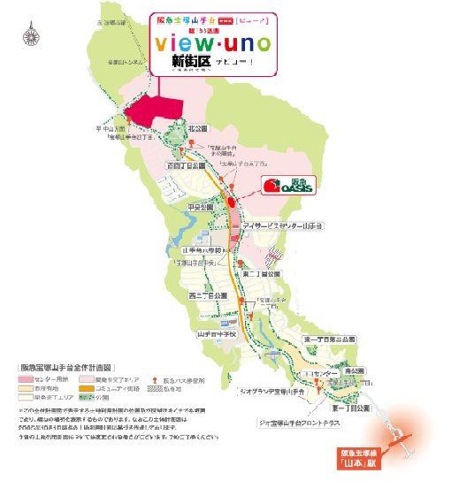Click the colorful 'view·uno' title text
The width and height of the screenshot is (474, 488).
pyautogui.click(x=210, y=42)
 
